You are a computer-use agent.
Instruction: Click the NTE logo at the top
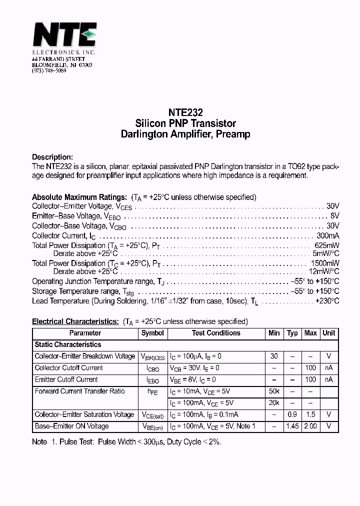[64, 36]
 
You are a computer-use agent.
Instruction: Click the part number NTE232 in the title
[185, 113]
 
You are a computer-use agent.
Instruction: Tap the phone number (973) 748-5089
[49, 70]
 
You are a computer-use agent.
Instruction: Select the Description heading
[52, 157]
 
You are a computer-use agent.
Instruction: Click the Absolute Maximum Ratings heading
[79, 197]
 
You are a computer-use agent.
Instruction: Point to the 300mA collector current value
[327, 236]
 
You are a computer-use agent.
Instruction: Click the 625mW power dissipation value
[326, 245]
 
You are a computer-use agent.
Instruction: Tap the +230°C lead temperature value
[327, 301]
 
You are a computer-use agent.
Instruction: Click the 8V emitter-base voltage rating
[334, 216]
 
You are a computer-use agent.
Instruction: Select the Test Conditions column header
[216, 333]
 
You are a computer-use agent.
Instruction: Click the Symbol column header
[152, 333]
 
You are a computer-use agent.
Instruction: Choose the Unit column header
[329, 333]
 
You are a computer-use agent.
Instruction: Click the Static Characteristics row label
[67, 344]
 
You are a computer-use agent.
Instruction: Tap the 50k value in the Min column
[274, 391]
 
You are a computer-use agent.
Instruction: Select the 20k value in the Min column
[274, 403]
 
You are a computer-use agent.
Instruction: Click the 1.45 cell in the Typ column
[292, 426]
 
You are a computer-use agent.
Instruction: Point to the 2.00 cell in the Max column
[310, 426]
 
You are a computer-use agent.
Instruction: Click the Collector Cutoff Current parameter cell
[68, 368]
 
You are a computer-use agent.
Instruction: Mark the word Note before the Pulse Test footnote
[39, 442]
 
